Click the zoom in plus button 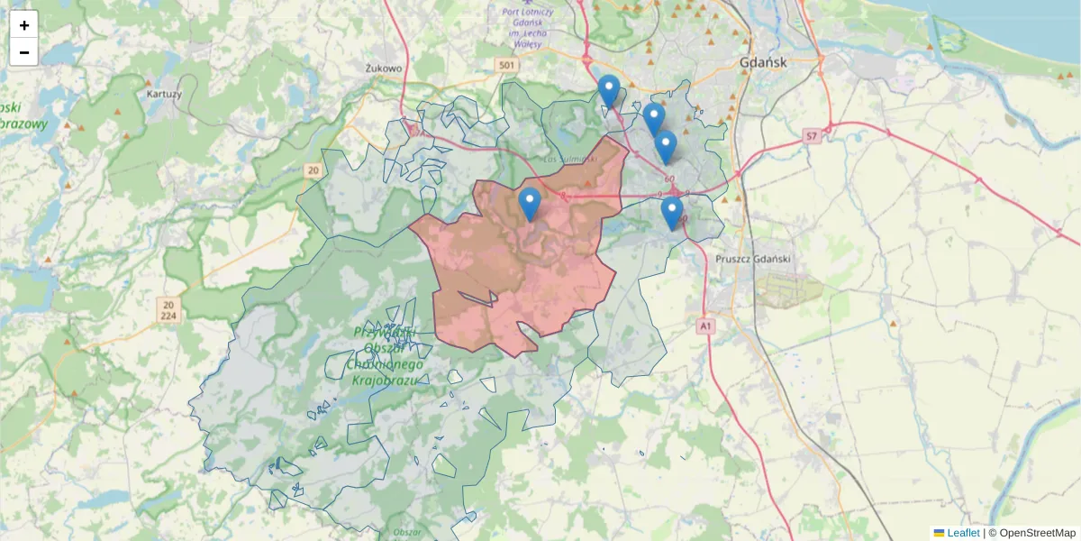24,25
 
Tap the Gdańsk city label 762,63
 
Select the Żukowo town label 384,68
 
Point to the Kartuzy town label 163,93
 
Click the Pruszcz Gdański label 752,259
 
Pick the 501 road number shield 508,66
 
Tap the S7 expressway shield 811,136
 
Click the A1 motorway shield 705,326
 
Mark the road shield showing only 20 313,170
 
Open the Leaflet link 962,533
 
